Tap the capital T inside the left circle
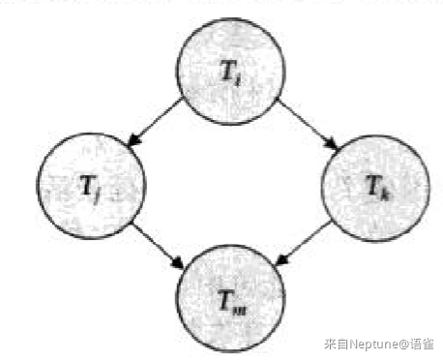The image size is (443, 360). click(x=87, y=185)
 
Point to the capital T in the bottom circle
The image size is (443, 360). click(x=226, y=300)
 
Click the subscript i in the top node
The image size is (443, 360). click(x=238, y=79)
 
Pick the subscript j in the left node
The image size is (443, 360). click(x=97, y=195)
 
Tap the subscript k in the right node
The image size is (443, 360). click(x=384, y=195)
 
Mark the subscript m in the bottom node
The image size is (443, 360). click(x=240, y=311)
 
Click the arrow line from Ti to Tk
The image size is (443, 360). click(x=309, y=125)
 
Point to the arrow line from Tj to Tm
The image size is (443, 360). click(x=158, y=246)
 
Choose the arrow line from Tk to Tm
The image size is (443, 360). click(x=304, y=243)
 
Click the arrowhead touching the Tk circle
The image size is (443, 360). click(x=332, y=144)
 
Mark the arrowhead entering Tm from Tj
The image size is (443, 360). click(x=177, y=263)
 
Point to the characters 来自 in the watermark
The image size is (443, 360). click(x=337, y=344)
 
